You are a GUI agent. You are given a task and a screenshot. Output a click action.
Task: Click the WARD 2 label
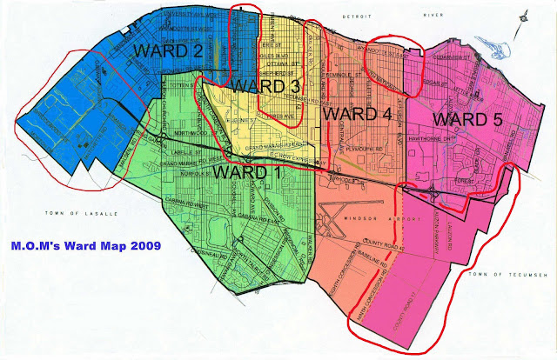coord(168,51)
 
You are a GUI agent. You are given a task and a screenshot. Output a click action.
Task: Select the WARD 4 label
coord(355,114)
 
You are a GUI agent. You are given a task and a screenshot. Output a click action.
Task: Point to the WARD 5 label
coord(466,118)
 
